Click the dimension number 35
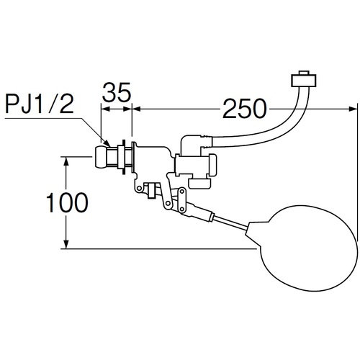tap(117, 92)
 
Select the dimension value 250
tap(245, 109)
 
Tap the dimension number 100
tap(67, 202)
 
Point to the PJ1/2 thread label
tap(40, 104)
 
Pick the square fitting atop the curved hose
tap(303, 79)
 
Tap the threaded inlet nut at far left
tap(102, 158)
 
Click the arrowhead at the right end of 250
tap(352, 109)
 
